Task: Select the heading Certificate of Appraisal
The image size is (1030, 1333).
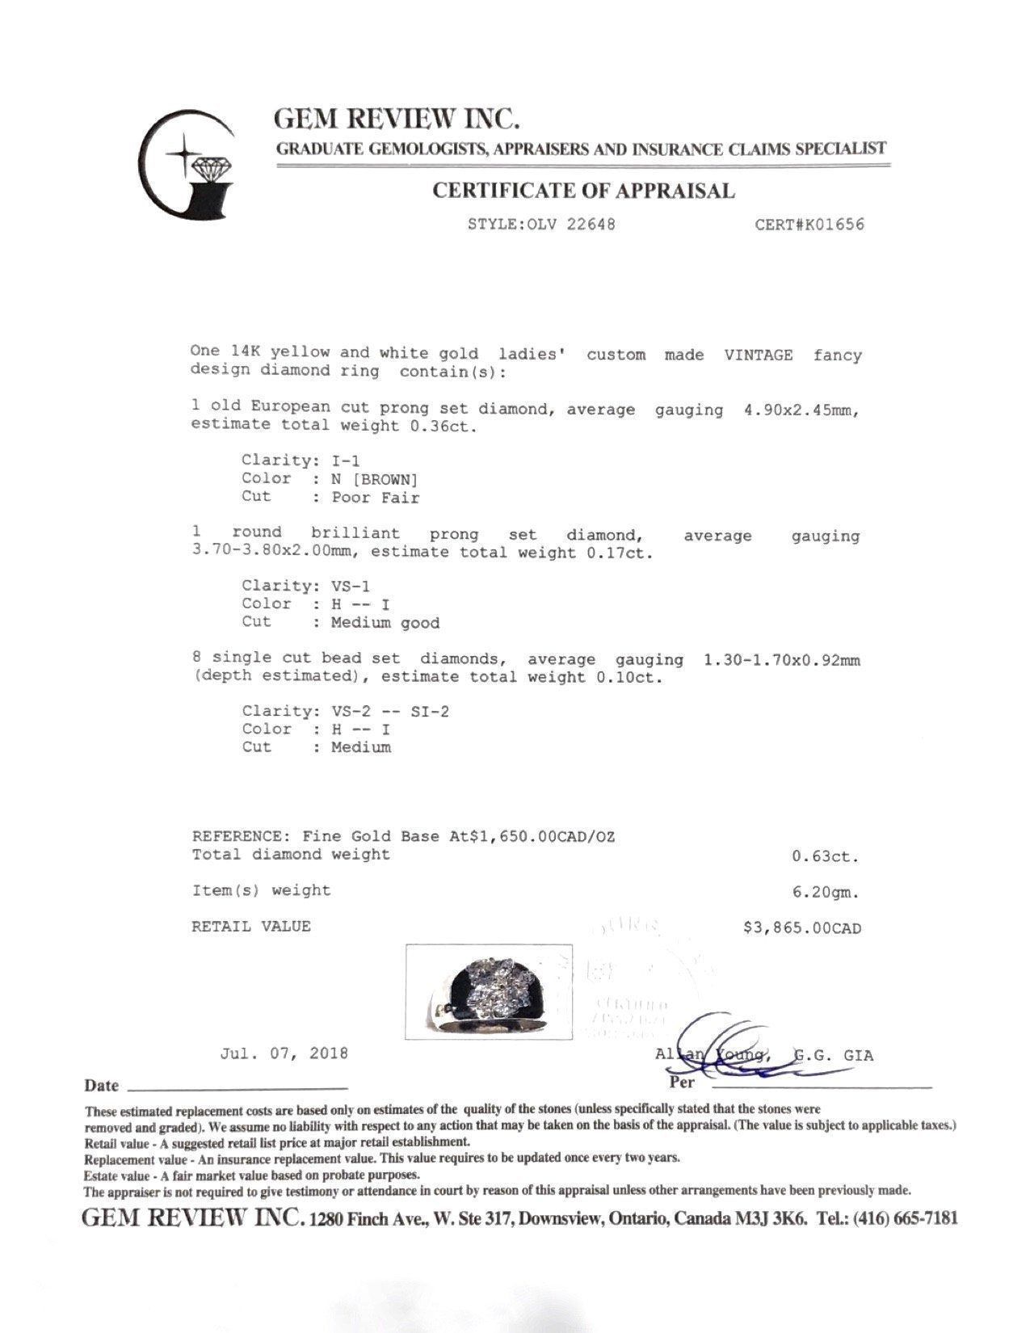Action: tap(583, 191)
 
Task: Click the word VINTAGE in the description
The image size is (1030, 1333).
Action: tap(757, 355)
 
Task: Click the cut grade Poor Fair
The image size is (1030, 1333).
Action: tap(375, 498)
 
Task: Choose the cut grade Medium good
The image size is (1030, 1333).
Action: tap(385, 623)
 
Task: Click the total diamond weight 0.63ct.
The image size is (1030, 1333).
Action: tap(826, 856)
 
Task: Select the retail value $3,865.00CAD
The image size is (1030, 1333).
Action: tap(801, 928)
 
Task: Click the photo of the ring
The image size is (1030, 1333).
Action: tap(489, 991)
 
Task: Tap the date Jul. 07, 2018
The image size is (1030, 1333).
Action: tap(284, 1053)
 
